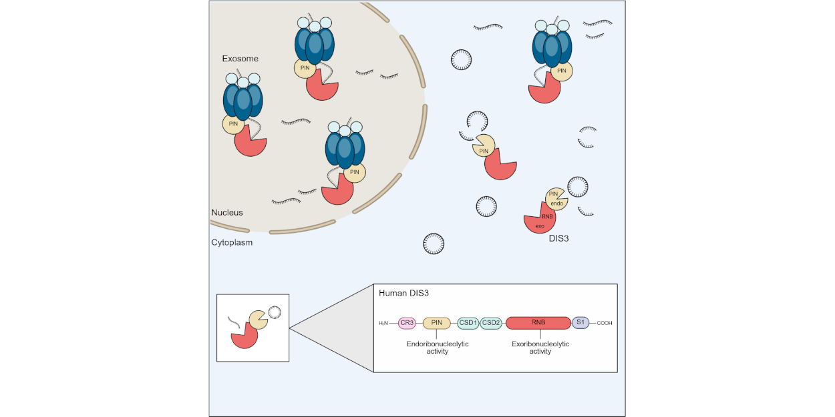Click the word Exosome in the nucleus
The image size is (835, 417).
(240, 59)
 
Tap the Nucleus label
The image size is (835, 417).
(227, 213)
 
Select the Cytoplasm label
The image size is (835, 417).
(232, 243)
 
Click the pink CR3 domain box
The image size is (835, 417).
(407, 323)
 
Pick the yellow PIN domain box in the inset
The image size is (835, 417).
(437, 323)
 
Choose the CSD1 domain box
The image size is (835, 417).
(468, 323)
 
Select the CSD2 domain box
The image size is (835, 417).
(491, 323)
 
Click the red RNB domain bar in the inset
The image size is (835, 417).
(538, 323)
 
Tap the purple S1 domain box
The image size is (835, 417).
(580, 323)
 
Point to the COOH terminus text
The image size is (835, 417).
(604, 324)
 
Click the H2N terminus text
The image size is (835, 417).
(383, 324)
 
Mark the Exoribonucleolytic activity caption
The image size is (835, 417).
(540, 348)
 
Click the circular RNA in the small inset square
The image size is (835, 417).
(274, 311)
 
